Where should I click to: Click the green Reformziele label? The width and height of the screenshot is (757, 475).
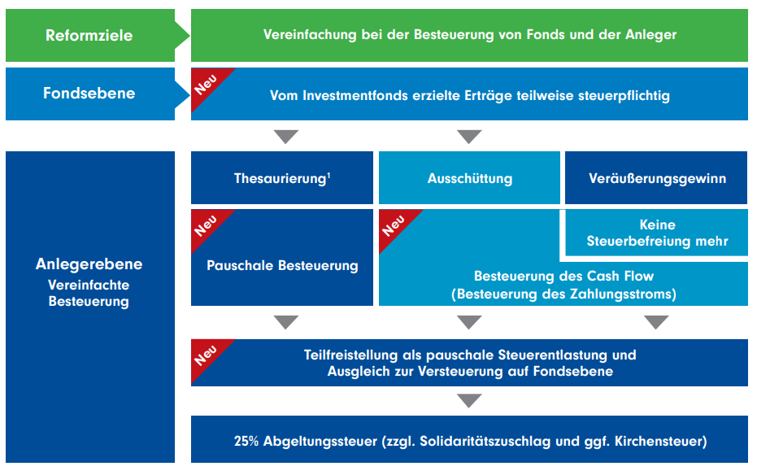click(89, 35)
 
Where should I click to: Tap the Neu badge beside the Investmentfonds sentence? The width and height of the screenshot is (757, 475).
click(207, 83)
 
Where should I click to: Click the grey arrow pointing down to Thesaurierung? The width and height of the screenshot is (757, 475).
click(286, 136)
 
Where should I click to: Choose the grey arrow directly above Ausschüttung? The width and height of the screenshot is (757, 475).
click(469, 136)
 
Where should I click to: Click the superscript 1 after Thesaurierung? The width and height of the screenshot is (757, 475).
click(328, 174)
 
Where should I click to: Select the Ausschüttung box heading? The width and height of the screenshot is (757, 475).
click(469, 178)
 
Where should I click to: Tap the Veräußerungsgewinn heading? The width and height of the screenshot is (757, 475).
click(656, 178)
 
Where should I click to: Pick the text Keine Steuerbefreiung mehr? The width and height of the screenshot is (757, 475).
click(657, 233)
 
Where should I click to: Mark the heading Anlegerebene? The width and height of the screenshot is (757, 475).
click(89, 264)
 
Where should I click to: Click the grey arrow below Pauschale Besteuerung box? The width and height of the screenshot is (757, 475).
click(286, 322)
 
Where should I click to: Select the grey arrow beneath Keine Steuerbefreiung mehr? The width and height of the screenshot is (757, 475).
click(656, 322)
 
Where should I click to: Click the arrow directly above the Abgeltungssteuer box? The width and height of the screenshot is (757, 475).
click(469, 401)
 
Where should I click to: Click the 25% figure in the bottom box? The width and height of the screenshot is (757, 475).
click(246, 442)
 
